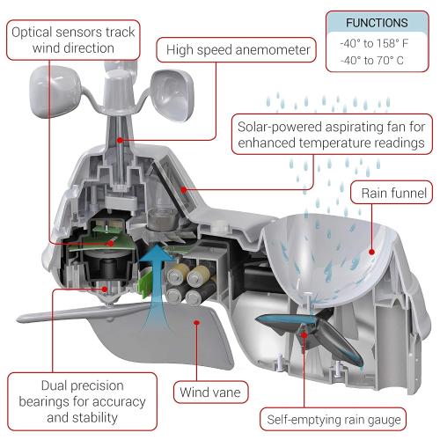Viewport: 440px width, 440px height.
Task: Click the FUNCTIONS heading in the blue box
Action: pyautogui.click(x=377, y=23)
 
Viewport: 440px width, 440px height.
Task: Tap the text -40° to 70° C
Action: pyautogui.click(x=377, y=62)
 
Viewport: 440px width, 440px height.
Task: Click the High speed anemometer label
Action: pyautogui.click(x=236, y=50)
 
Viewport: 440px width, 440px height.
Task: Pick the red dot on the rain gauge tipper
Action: pyautogui.click(x=305, y=333)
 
